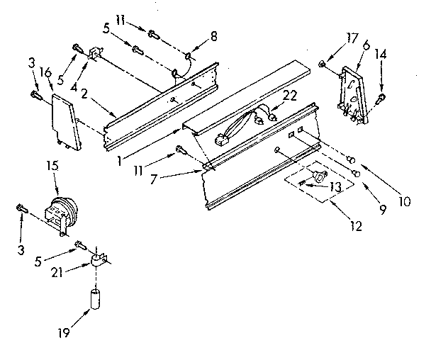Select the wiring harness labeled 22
pos(241,122)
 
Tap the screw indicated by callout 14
pos(382,97)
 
